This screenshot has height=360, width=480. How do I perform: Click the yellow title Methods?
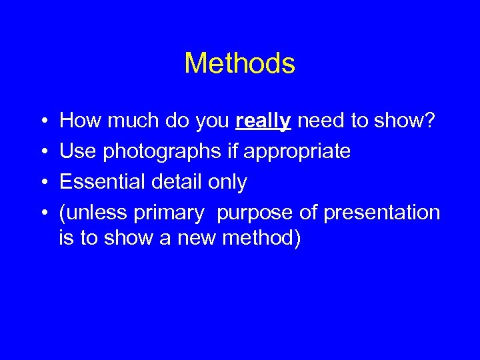click(239, 63)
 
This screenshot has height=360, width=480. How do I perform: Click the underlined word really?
click(263, 121)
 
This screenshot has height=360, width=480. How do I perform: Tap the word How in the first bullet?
click(79, 121)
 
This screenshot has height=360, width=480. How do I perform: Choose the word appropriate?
click(297, 152)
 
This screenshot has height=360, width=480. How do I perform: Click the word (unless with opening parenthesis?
click(93, 213)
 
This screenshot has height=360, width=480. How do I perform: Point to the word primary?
click(169, 213)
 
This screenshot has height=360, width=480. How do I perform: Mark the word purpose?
click(253, 213)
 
